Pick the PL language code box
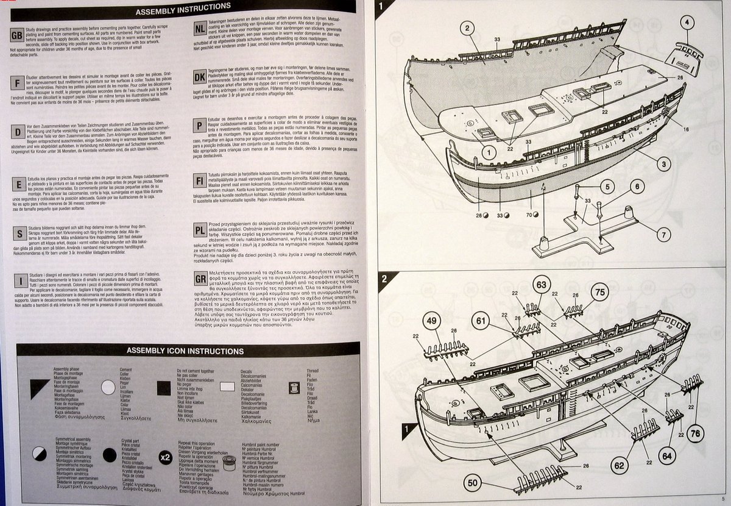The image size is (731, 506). pyautogui.click(x=199, y=230)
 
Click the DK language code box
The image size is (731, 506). pyautogui.click(x=199, y=78)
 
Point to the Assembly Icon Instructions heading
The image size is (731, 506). pyautogui.click(x=185, y=351)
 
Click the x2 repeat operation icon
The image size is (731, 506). pyautogui.click(x=164, y=457)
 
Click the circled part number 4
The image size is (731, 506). pyautogui.click(x=687, y=24)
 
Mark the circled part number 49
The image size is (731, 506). pyautogui.click(x=431, y=323)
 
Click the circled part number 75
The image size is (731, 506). pyautogui.click(x=599, y=292)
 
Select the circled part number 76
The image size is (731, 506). pyautogui.click(x=696, y=433)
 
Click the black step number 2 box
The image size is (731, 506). pyautogui.click(x=384, y=280)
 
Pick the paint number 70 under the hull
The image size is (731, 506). pyautogui.click(x=529, y=215)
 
